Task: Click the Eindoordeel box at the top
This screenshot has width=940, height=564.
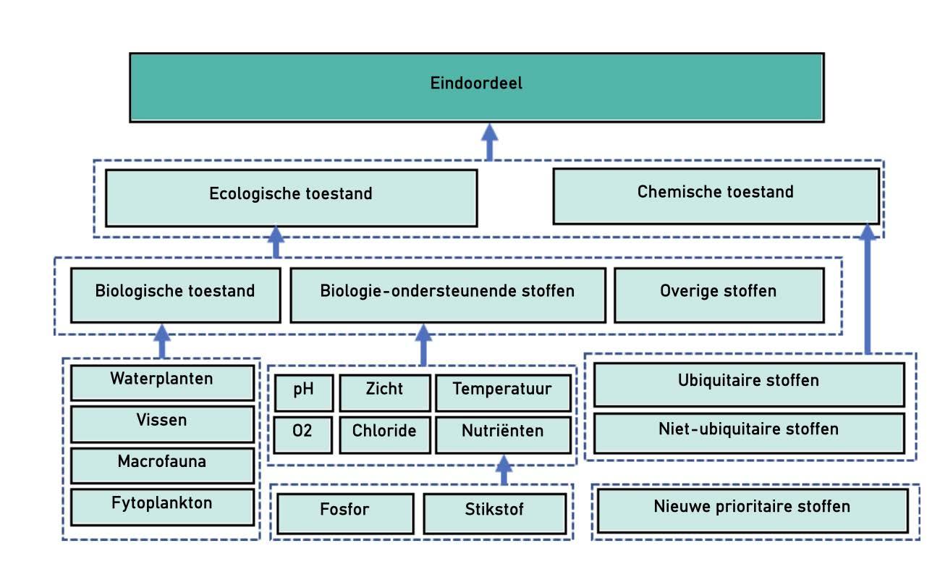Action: click(476, 87)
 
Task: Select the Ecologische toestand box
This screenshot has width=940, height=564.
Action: click(291, 198)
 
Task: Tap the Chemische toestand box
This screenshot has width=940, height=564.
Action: click(716, 195)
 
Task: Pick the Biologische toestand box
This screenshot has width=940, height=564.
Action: click(175, 295)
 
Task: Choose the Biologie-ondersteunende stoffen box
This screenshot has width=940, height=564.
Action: click(447, 295)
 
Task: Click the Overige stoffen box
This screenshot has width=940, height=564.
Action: click(719, 295)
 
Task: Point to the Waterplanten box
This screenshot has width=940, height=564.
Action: click(162, 382)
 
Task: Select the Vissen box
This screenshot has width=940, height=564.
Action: click(162, 424)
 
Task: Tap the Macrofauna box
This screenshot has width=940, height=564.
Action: click(162, 465)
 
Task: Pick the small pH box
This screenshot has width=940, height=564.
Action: click(303, 392)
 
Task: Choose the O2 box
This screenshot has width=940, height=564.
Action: click(303, 434)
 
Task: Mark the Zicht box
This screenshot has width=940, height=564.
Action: click(384, 392)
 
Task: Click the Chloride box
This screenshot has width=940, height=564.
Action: click(384, 434)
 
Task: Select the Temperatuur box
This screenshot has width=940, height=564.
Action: click(502, 392)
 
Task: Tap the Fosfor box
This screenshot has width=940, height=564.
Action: click(344, 513)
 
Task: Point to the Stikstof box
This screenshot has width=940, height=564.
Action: click(494, 513)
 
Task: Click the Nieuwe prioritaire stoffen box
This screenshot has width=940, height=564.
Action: click(752, 510)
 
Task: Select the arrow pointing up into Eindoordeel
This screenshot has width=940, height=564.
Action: click(490, 142)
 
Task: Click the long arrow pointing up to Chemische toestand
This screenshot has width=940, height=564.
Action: click(867, 290)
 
